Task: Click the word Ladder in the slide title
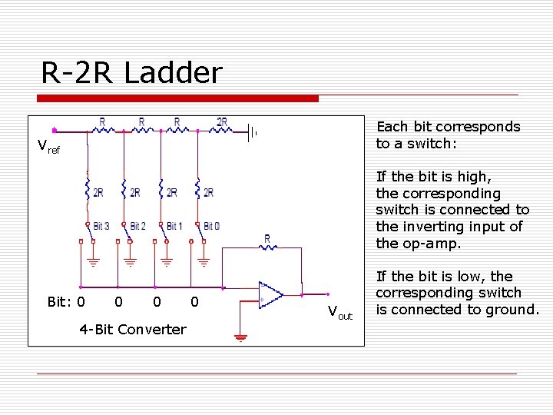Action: (172, 73)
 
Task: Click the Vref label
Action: (48, 146)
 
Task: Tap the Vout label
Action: (339, 312)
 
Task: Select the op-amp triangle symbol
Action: (270, 294)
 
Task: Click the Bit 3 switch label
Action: (101, 226)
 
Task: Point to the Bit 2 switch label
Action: (137, 226)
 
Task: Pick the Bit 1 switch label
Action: (174, 226)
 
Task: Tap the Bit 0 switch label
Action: (211, 226)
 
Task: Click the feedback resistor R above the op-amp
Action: (267, 239)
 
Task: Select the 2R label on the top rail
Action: (222, 121)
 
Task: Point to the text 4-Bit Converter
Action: (132, 329)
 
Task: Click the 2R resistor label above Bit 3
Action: (98, 192)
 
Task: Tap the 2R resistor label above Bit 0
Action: (208, 192)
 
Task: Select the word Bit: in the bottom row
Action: (60, 302)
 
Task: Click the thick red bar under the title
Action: (178, 98)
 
